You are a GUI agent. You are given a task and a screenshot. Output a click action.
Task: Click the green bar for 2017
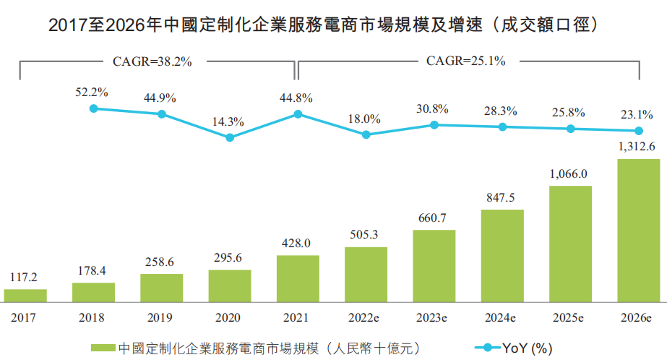click(x=25, y=295)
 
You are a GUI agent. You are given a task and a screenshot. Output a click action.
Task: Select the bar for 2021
click(x=298, y=278)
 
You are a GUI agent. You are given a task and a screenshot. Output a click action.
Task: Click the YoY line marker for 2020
click(x=230, y=137)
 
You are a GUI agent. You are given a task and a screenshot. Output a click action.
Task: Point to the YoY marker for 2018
click(x=93, y=108)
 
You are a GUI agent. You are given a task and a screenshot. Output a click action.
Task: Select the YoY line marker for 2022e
click(x=366, y=134)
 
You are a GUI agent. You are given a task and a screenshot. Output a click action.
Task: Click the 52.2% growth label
click(x=92, y=92)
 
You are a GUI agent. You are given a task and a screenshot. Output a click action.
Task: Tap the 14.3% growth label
click(x=228, y=121)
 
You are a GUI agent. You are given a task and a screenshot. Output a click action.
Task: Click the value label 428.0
click(x=296, y=244)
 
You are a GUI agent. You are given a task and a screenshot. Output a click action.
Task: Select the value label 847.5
click(x=501, y=199)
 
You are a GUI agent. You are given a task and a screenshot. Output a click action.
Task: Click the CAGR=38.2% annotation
click(x=152, y=61)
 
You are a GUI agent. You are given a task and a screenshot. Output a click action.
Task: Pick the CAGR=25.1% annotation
click(x=466, y=61)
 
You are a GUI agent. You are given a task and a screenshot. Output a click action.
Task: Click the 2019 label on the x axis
click(x=160, y=317)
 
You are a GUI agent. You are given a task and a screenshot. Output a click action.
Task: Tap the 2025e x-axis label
click(x=570, y=317)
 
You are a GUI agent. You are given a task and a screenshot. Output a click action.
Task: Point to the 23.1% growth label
click(x=637, y=114)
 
